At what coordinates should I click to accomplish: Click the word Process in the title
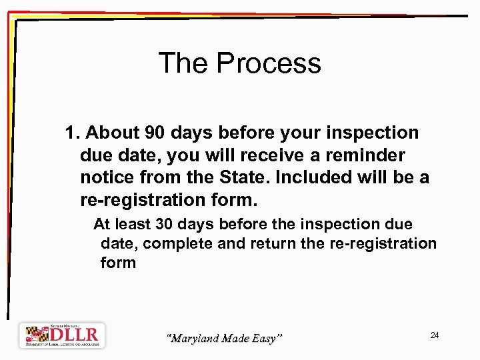[x=269, y=64]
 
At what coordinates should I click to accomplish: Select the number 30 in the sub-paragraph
[x=166, y=225]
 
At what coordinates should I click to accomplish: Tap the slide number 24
[x=434, y=335]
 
